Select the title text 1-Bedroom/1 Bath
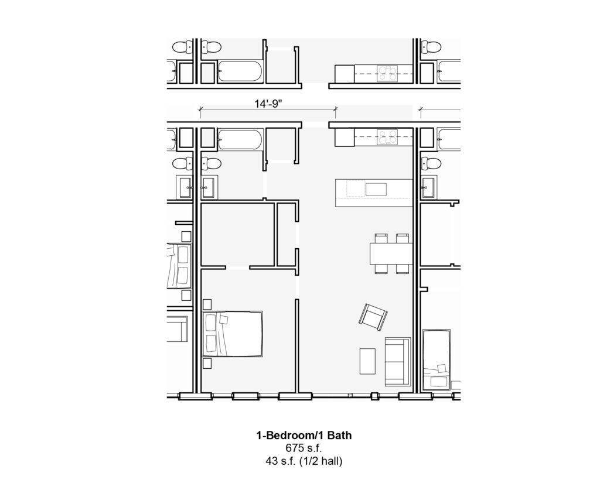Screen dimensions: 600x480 pyautogui.click(x=304, y=436)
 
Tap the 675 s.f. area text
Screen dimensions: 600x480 pyautogui.click(x=304, y=448)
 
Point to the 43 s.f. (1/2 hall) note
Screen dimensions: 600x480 pyautogui.click(x=304, y=461)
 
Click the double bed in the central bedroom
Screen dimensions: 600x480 pyautogui.click(x=232, y=334)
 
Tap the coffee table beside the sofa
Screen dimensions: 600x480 pyautogui.click(x=368, y=361)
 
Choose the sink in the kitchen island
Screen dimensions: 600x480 pyautogui.click(x=376, y=189)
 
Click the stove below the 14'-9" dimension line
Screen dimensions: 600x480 pyautogui.click(x=387, y=137)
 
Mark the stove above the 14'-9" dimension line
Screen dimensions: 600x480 pyautogui.click(x=387, y=73)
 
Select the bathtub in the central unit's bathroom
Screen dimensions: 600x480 pyautogui.click(x=240, y=138)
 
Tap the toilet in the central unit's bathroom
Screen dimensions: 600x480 pyautogui.click(x=211, y=164)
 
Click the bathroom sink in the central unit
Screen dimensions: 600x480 pyautogui.click(x=208, y=187)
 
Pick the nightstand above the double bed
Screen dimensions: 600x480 pyautogui.click(x=207, y=304)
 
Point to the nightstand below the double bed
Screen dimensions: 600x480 pyautogui.click(x=207, y=363)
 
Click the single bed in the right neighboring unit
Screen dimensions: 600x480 pyautogui.click(x=437, y=359)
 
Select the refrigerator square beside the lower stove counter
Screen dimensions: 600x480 pyautogui.click(x=345, y=138)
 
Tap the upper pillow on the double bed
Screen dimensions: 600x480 pyautogui.click(x=211, y=323)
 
